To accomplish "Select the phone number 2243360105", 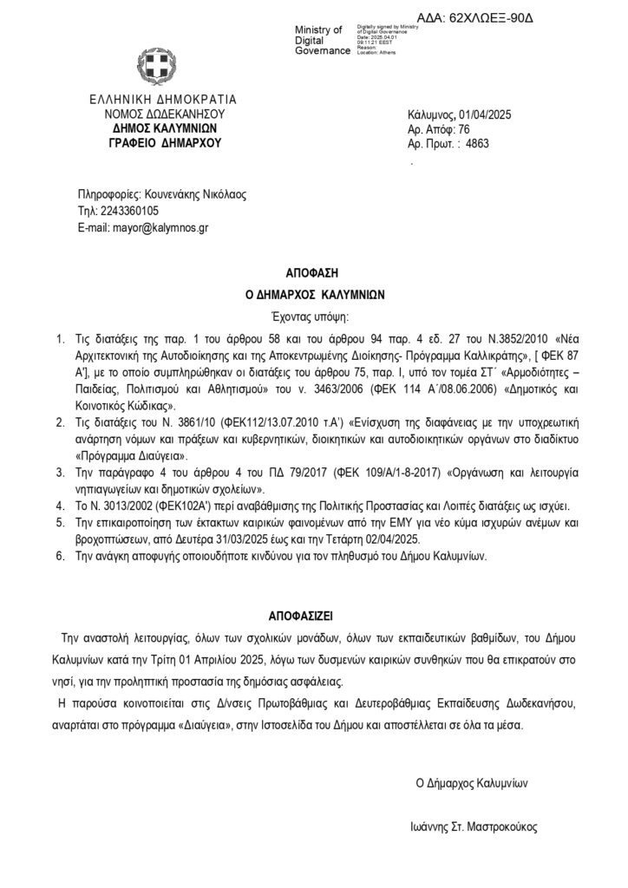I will pos(130,211).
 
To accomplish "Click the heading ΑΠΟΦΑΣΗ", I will pos(313,271).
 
